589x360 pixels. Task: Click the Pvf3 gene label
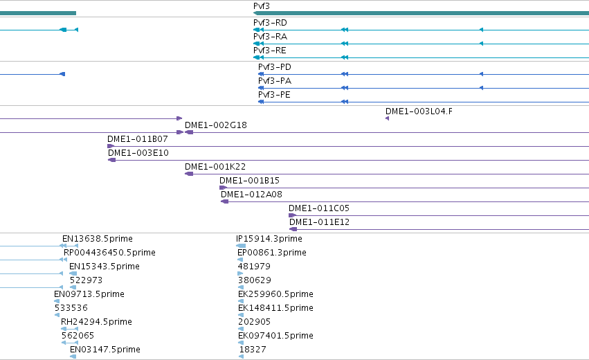pos(262,6)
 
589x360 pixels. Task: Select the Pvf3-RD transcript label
pos(270,23)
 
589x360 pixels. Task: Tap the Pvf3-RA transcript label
pos(270,37)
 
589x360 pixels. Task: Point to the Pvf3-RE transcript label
pos(270,51)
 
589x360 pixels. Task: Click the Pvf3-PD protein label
pos(275,67)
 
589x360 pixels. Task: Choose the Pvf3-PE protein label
pos(274,95)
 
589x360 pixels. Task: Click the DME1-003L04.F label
pos(419,111)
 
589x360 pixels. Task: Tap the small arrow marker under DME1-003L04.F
pos(388,118)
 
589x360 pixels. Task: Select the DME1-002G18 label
pos(216,125)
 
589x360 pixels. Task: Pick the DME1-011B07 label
pos(138,139)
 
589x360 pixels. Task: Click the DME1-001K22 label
pos(215,167)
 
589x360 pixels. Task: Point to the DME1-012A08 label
pos(251,195)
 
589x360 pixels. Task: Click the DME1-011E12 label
pos(319,222)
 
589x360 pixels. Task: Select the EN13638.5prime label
pos(98,239)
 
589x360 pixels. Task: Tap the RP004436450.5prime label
pos(109,253)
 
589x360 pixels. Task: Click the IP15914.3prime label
pos(269,239)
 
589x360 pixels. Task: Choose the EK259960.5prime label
pos(275,294)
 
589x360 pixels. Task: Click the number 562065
pos(78,336)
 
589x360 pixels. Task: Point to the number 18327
pos(253,350)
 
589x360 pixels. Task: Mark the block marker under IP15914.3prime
pos(241,246)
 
